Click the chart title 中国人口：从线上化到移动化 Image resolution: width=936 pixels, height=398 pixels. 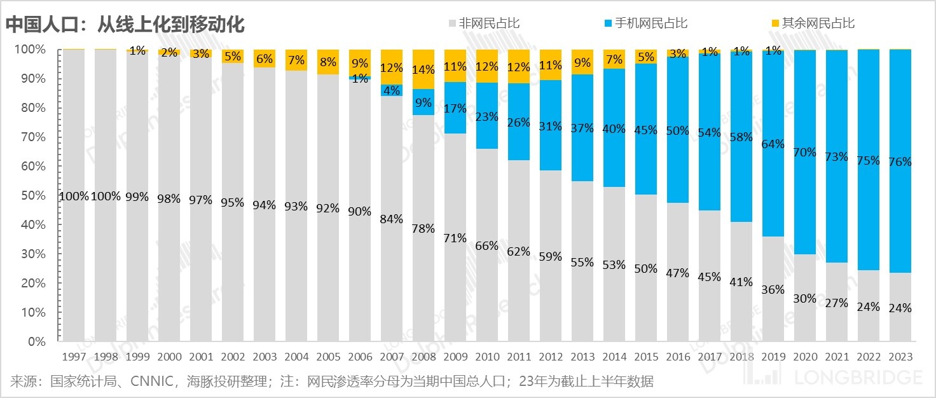click(x=125, y=24)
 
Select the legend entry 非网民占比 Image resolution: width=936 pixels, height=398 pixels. click(x=489, y=24)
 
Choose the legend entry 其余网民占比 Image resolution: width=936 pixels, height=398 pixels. click(x=818, y=24)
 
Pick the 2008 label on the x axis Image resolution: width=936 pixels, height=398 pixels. click(x=423, y=357)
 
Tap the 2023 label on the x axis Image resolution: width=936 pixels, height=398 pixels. click(x=900, y=357)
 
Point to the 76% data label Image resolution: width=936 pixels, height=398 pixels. click(x=900, y=162)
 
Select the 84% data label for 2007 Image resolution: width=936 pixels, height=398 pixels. click(x=391, y=219)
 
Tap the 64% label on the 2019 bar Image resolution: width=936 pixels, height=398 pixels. click(x=773, y=144)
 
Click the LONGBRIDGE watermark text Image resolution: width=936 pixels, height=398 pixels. click(x=862, y=377)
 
